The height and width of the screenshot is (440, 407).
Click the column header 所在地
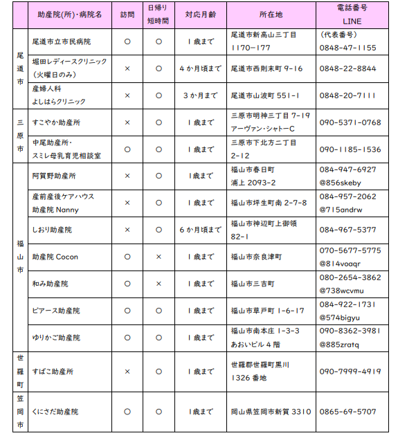coord(271,14)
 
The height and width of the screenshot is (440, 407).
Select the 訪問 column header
coord(127,14)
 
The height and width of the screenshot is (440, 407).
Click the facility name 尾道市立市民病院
coord(62,42)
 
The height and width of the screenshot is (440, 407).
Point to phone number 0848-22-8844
coord(348,68)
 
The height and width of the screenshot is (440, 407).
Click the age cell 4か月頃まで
coord(200,68)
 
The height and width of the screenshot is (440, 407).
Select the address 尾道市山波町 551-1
coord(265,95)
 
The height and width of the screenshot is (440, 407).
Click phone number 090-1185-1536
coord(350,149)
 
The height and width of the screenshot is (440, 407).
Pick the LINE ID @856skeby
coord(341,182)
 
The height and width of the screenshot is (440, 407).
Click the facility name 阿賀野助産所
coord(55,176)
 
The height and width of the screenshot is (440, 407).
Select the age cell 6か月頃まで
coord(200,230)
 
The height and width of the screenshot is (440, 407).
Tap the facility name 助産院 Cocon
coord(55,257)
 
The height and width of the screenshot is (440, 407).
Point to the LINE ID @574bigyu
coord(341,317)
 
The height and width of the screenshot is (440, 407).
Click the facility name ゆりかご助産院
coord(57,338)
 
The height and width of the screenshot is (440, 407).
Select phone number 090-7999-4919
coord(350,372)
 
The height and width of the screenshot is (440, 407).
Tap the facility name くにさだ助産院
coord(57,412)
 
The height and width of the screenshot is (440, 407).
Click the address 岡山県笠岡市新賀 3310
coord(271,412)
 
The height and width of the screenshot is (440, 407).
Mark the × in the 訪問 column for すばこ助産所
coord(127,372)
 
